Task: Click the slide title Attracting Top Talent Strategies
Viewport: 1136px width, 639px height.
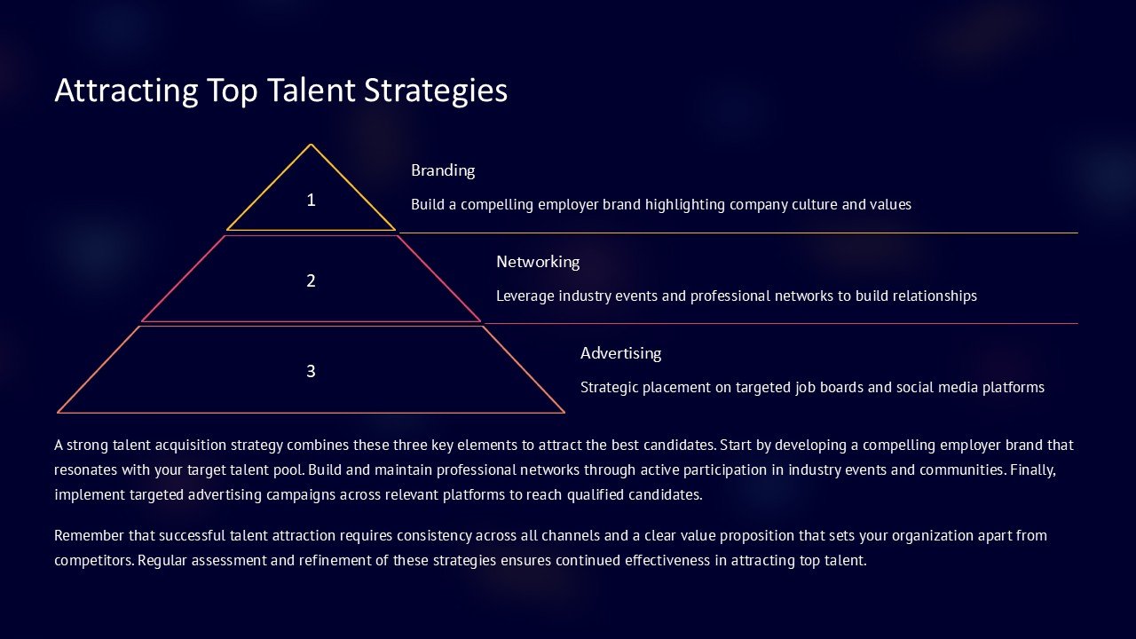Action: tap(280, 91)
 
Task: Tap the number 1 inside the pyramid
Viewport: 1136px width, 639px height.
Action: tap(311, 201)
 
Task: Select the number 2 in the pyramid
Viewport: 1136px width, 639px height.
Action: tap(311, 281)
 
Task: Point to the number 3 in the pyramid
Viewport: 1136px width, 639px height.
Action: tap(311, 371)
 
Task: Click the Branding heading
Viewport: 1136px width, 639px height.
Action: tap(443, 170)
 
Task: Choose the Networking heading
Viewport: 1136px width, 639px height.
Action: tap(538, 262)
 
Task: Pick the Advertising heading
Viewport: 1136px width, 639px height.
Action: tap(620, 353)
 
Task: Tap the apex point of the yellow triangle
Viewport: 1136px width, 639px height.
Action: tap(311, 146)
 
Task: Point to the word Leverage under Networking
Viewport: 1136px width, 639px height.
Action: tap(525, 296)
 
